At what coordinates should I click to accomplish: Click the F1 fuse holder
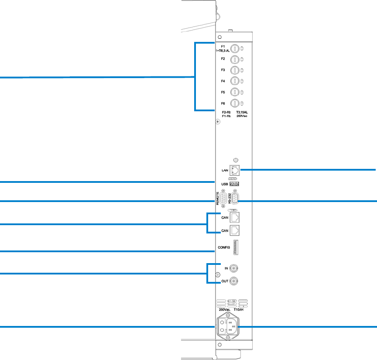point(234,48)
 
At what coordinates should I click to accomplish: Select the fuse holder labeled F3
point(234,70)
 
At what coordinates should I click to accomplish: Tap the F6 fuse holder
point(234,103)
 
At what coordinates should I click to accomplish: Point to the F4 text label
point(223,81)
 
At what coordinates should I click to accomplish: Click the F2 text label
point(223,58)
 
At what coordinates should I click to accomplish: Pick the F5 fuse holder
point(234,92)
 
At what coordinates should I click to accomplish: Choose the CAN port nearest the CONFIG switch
point(236,229)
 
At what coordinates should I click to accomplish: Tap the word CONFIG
point(223,248)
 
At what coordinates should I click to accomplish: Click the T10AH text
point(239,310)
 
